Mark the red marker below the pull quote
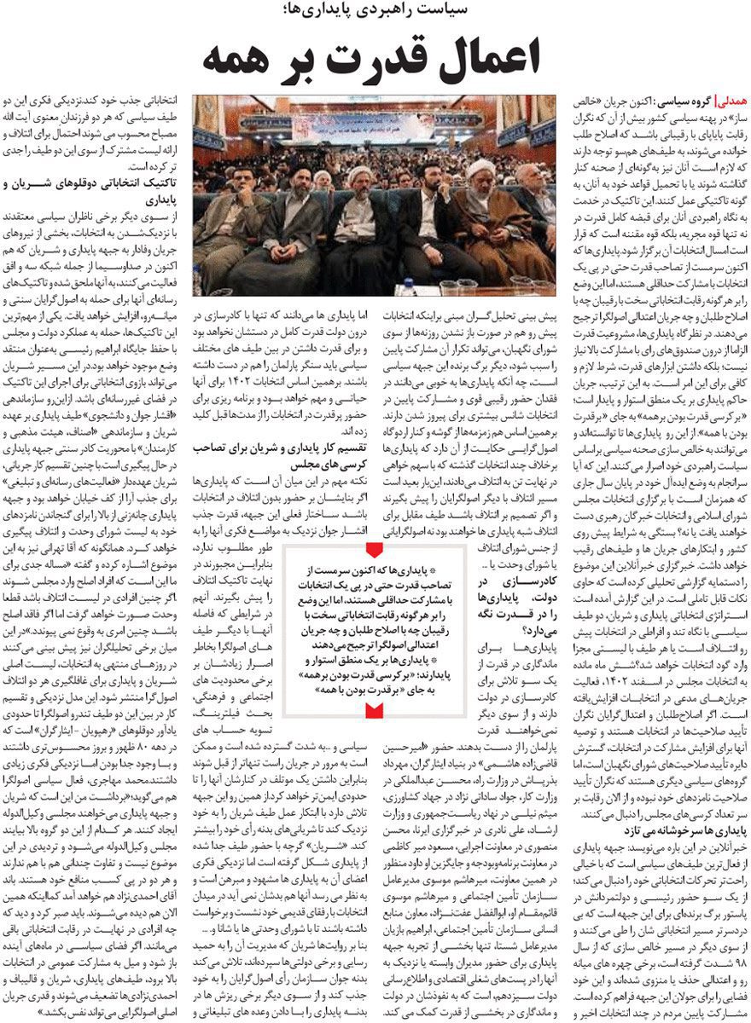click(374, 708)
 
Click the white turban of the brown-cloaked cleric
click(483, 168)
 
